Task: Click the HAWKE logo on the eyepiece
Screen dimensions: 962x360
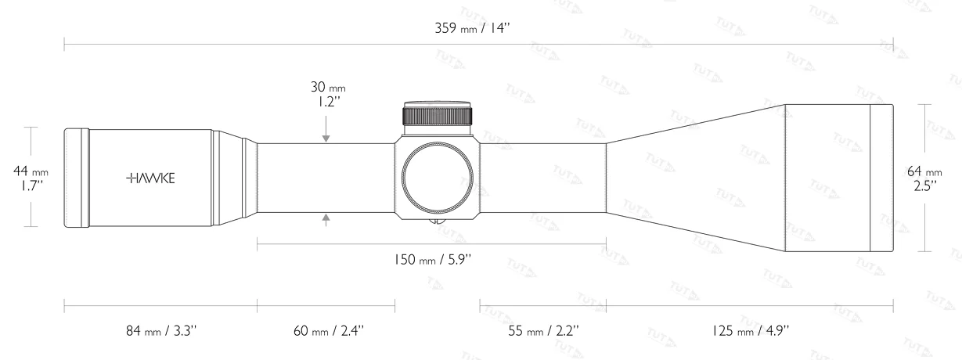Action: [150, 178]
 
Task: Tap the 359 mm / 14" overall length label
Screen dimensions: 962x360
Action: [473, 28]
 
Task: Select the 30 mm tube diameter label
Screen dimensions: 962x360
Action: [328, 87]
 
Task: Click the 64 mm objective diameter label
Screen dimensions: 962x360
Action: [924, 172]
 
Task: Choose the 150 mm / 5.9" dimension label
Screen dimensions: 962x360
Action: [433, 260]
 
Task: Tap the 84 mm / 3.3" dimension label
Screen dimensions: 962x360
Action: [161, 331]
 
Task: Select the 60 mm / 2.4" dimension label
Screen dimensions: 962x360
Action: [329, 331]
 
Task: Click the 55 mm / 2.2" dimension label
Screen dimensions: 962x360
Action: [544, 331]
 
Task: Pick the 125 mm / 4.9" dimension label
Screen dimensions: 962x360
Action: [751, 331]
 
